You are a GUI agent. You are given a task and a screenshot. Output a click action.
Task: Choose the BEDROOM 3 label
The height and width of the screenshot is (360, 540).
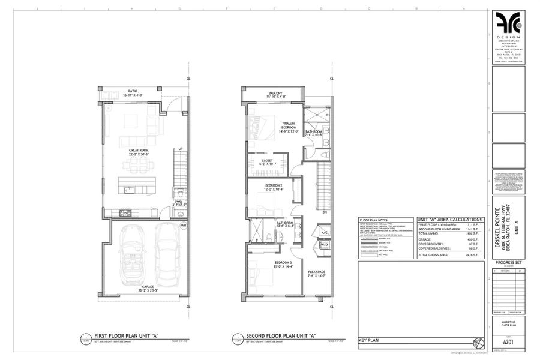pyautogui.click(x=266, y=265)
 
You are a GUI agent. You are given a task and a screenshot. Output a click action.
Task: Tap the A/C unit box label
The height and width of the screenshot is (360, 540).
pyautogui.click(x=323, y=232)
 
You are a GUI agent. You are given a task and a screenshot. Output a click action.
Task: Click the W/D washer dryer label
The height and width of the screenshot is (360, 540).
pyautogui.click(x=323, y=245)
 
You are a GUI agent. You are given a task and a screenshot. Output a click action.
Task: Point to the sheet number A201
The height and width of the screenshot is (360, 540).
pyautogui.click(x=508, y=304)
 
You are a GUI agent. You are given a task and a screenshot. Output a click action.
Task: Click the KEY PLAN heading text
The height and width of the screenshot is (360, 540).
pyautogui.click(x=367, y=340)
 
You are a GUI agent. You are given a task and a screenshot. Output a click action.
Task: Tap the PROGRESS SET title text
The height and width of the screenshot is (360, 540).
pyautogui.click(x=508, y=263)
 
